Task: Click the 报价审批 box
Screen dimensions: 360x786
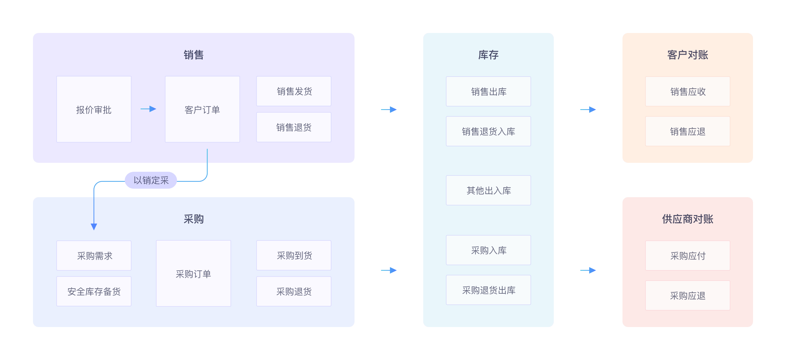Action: click(x=94, y=109)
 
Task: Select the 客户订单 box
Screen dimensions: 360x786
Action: click(x=202, y=109)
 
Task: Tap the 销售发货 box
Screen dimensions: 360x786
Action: click(x=294, y=91)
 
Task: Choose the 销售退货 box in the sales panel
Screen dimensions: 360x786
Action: click(x=294, y=127)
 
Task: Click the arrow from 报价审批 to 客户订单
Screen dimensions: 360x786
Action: click(x=148, y=109)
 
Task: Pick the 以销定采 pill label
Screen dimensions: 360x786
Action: click(x=151, y=180)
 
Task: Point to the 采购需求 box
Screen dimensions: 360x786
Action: click(x=94, y=256)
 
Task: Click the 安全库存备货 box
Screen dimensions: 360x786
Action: click(x=94, y=291)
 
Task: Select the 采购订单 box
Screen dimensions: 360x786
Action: click(x=193, y=273)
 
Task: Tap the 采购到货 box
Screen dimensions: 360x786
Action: click(x=294, y=255)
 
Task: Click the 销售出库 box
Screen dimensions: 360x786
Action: click(x=488, y=91)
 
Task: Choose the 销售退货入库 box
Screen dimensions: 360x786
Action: click(x=488, y=131)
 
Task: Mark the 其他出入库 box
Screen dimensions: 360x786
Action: click(x=488, y=190)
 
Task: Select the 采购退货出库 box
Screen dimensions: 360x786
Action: click(x=488, y=290)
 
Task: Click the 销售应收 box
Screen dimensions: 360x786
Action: click(x=687, y=91)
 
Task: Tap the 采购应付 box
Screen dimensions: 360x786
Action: click(x=687, y=256)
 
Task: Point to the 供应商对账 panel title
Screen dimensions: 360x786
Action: click(x=687, y=219)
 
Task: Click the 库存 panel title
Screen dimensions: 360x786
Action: click(x=488, y=55)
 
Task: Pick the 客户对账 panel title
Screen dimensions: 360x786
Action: click(x=687, y=55)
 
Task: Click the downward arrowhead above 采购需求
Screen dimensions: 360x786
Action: click(x=94, y=226)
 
